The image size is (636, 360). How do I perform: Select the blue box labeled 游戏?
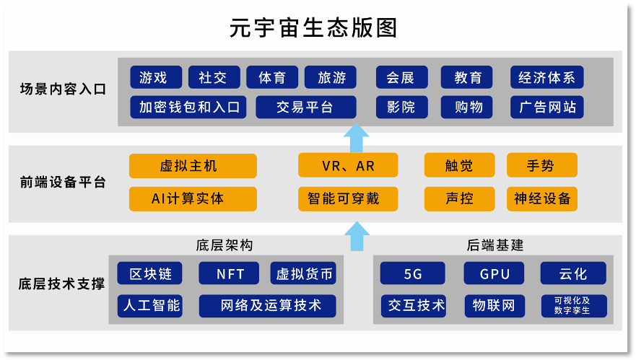point(153,77)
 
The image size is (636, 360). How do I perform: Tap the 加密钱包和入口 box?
point(188,107)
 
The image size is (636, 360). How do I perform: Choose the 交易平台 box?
point(305,107)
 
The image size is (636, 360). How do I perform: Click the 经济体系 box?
point(546,77)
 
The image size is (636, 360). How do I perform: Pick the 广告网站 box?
point(546,107)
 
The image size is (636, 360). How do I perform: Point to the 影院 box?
point(401,107)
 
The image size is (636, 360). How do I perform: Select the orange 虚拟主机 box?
point(193,166)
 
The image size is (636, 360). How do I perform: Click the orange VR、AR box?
point(348,166)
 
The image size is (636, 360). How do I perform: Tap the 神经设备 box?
point(542,198)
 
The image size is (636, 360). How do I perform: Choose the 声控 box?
point(459,198)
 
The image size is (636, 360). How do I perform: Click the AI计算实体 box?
point(193,198)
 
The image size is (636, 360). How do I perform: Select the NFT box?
point(230,274)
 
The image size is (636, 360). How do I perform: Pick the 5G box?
point(413,274)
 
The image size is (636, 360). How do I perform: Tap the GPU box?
point(495,274)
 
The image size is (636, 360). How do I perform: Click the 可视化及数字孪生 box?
point(572,306)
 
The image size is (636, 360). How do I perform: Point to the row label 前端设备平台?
point(63,183)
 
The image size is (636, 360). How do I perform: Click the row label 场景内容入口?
point(63,90)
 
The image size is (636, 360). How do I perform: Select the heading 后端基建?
point(495,245)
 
